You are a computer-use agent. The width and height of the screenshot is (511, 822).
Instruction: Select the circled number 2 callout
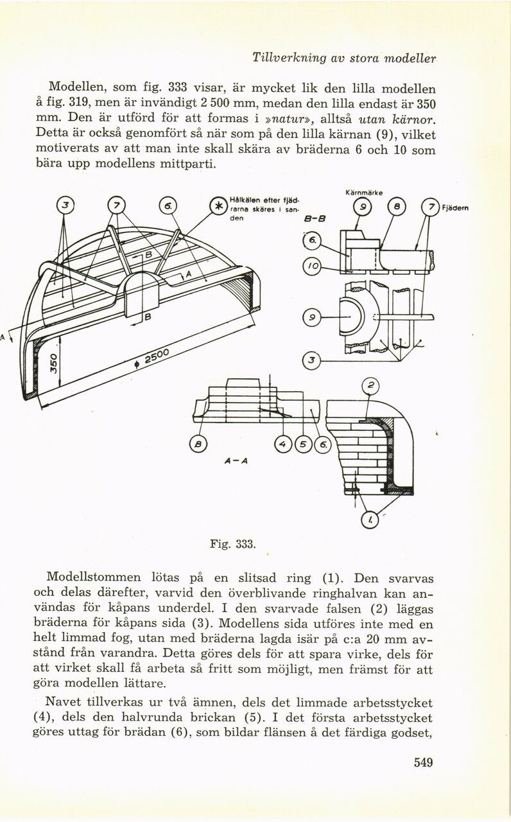(370, 385)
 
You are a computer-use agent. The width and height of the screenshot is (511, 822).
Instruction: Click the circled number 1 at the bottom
(369, 520)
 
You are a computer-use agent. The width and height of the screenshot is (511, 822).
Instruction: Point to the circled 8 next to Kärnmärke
(397, 207)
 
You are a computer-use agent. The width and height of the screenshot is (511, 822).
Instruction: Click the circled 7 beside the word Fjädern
(431, 207)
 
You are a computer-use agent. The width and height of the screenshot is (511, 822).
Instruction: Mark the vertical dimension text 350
(53, 363)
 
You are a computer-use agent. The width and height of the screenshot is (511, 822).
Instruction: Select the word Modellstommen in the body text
(94, 577)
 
